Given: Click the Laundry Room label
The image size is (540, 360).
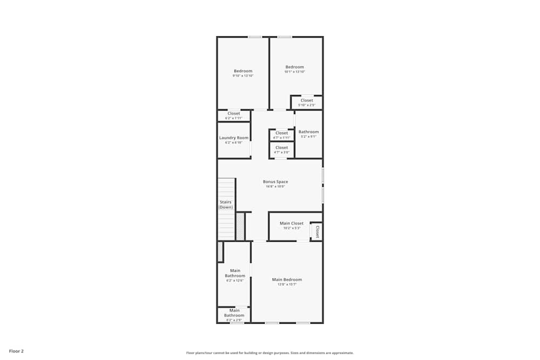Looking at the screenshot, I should click(x=234, y=138).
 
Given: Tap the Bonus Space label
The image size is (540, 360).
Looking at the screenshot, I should click(x=275, y=182).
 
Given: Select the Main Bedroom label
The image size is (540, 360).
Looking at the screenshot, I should click(x=287, y=280).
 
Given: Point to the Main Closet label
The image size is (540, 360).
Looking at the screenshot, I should click(x=292, y=223).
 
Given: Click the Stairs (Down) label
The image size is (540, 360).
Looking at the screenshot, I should click(x=226, y=205).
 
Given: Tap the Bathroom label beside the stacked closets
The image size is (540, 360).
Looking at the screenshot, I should click(x=309, y=132).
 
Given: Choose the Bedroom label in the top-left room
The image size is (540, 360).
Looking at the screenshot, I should click(x=243, y=71).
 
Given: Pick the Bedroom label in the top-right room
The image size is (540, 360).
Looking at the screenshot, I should click(x=295, y=67).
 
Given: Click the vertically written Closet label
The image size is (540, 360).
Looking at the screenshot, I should click(x=317, y=232).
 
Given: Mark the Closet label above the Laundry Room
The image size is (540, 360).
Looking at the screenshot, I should click(x=234, y=113).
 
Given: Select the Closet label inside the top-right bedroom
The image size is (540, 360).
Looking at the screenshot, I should click(x=307, y=100).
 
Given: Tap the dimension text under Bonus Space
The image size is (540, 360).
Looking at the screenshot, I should click(x=275, y=187).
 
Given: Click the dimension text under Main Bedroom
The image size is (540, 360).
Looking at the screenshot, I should click(x=287, y=284).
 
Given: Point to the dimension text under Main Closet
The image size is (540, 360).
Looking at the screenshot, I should click(x=292, y=228).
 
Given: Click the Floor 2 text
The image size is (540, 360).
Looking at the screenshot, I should click(x=16, y=351).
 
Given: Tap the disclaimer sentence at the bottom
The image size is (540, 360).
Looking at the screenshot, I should click(x=270, y=353).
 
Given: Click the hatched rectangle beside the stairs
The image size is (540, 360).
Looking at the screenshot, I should click(x=240, y=226).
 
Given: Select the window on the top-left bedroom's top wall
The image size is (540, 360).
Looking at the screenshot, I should click(x=255, y=37).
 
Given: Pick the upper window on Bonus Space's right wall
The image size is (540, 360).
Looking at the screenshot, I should click(x=323, y=176).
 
